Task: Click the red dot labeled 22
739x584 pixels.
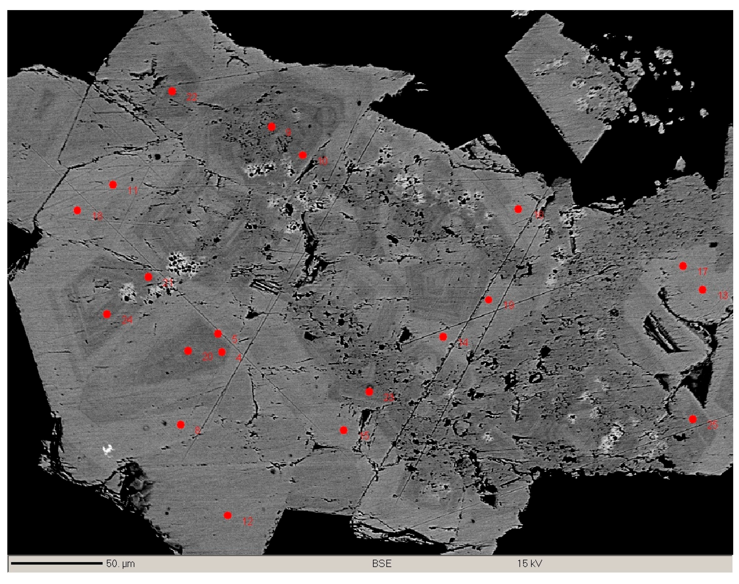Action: coord(172,91)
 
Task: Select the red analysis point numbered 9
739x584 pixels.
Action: coord(272,127)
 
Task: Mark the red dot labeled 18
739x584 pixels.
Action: coord(77,210)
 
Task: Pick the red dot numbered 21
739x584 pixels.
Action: coord(148,277)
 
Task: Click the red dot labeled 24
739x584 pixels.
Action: coord(107,314)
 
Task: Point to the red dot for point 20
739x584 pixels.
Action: coord(188,351)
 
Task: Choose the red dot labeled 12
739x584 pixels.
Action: coord(228,515)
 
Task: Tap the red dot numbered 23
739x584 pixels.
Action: coord(369,392)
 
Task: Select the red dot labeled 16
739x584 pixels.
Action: coord(518,209)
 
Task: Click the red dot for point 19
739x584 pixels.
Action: coord(488,300)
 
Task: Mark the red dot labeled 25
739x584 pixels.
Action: coord(693,419)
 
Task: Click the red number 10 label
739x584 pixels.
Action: coord(323,161)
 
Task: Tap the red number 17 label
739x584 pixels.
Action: coord(703,272)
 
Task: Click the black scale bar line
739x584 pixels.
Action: coord(57,563)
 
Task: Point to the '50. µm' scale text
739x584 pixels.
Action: coord(120,564)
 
